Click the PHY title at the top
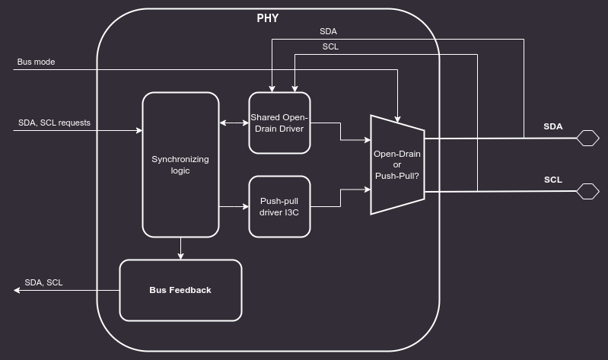[267, 18]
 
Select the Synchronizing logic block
[180, 164]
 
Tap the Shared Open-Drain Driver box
[279, 123]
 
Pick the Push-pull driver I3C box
[279, 206]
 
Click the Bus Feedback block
[180, 290]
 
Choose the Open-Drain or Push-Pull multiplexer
[397, 164]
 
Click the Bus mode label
[36, 62]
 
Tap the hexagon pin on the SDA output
[587, 138]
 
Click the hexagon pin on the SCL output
[587, 191]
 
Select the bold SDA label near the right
[553, 126]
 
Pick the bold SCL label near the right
[553, 180]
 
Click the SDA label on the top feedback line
[328, 32]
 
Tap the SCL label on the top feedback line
[330, 46]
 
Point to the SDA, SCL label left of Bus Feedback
[43, 282]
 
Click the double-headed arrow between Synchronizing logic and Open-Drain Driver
[234, 123]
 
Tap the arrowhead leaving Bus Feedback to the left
[18, 290]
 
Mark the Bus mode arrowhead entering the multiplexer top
[397, 118]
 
